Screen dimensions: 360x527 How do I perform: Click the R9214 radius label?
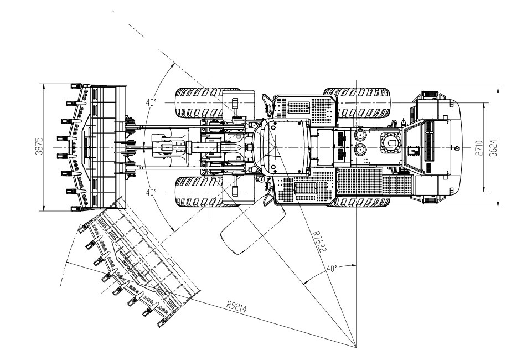(x=239, y=305)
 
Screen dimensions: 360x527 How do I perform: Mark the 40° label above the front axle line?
(x=151, y=102)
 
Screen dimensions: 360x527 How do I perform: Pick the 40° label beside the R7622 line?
(x=330, y=269)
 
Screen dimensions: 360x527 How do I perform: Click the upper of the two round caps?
(x=360, y=135)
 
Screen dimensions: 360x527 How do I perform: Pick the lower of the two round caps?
(x=360, y=149)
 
